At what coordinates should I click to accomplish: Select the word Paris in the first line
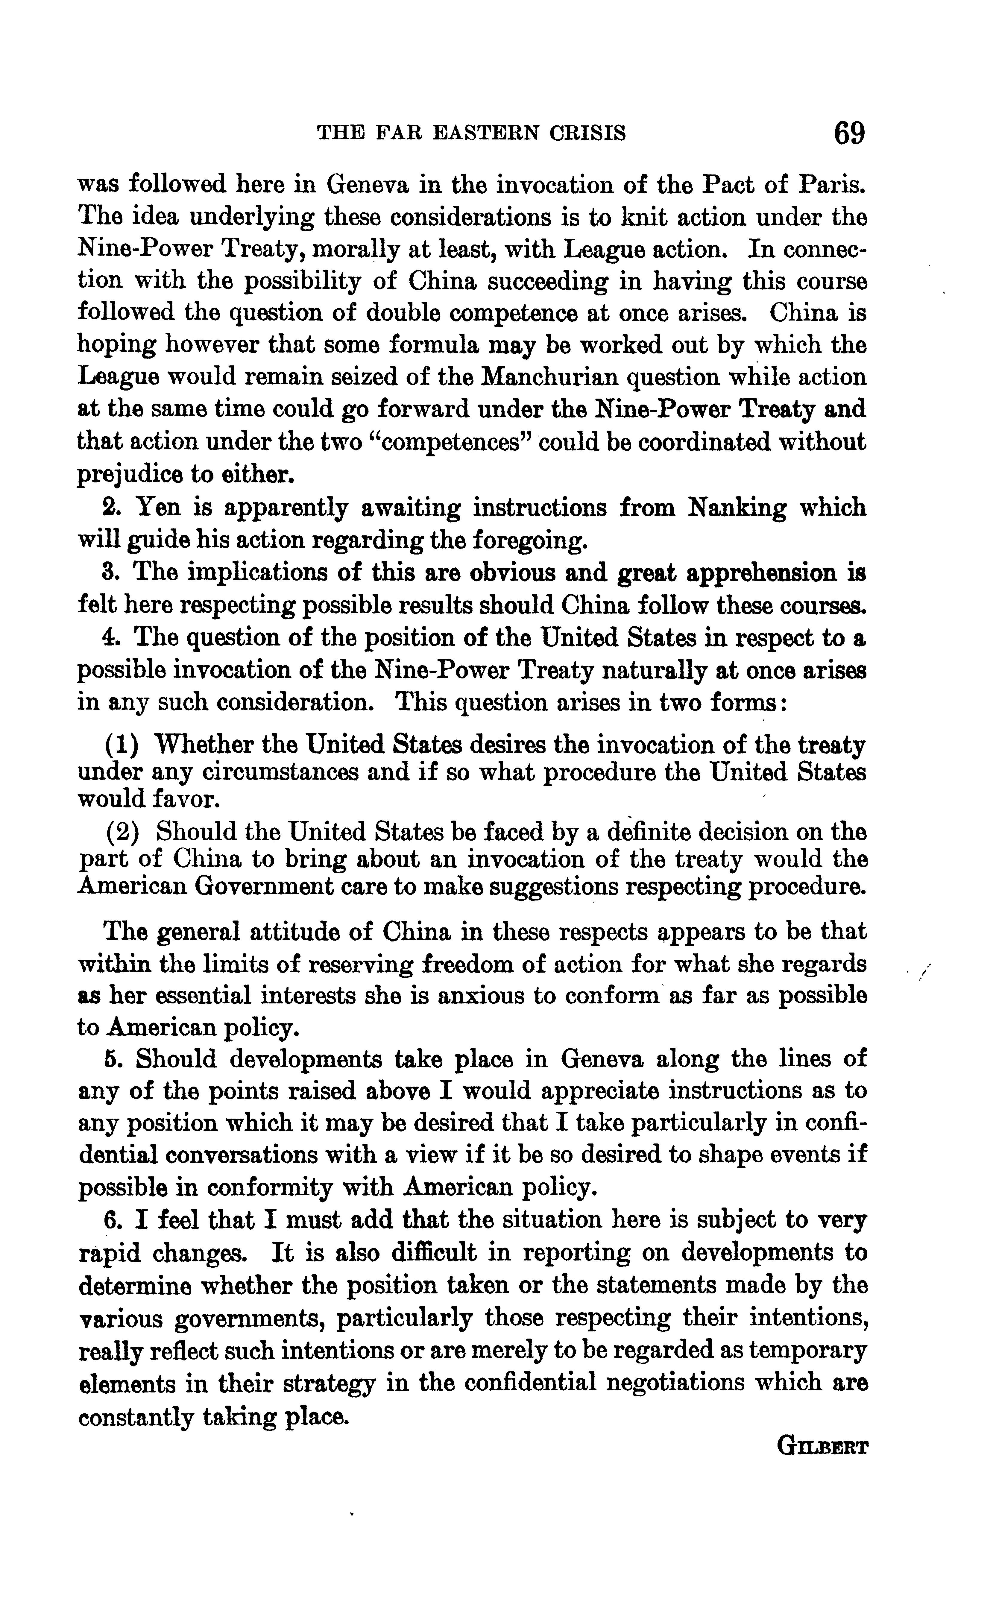833,184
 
